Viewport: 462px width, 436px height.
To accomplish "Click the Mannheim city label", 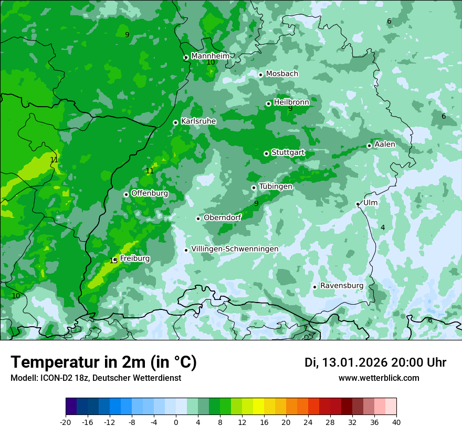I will click(x=210, y=56).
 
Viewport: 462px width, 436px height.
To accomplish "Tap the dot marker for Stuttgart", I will click(x=266, y=153).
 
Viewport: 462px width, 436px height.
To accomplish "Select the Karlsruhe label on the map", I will click(x=198, y=121).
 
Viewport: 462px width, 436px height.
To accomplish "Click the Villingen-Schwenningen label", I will click(x=235, y=248).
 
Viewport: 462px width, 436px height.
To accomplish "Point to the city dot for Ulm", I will click(x=358, y=204).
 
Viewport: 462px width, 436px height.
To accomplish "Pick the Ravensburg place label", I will click(x=341, y=285).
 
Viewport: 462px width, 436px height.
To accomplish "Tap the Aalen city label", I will click(x=385, y=144).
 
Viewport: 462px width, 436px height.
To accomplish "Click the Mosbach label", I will click(x=281, y=74).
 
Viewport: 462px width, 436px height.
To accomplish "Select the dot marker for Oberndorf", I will click(x=198, y=219).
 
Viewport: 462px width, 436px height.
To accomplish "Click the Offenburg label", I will click(x=149, y=193).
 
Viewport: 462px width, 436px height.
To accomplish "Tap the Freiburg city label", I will click(x=134, y=258).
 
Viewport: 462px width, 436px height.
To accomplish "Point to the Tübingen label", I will click(x=276, y=186).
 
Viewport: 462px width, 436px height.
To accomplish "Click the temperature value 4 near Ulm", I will click(x=383, y=227).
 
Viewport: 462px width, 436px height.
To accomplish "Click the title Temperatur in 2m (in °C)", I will click(x=103, y=362).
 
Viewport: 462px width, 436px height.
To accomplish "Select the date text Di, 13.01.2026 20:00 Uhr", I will click(x=375, y=362).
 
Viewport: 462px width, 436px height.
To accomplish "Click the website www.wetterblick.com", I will click(x=379, y=378).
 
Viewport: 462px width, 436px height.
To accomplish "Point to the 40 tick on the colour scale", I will click(x=396, y=422).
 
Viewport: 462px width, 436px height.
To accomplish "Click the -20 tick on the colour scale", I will click(x=66, y=422).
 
